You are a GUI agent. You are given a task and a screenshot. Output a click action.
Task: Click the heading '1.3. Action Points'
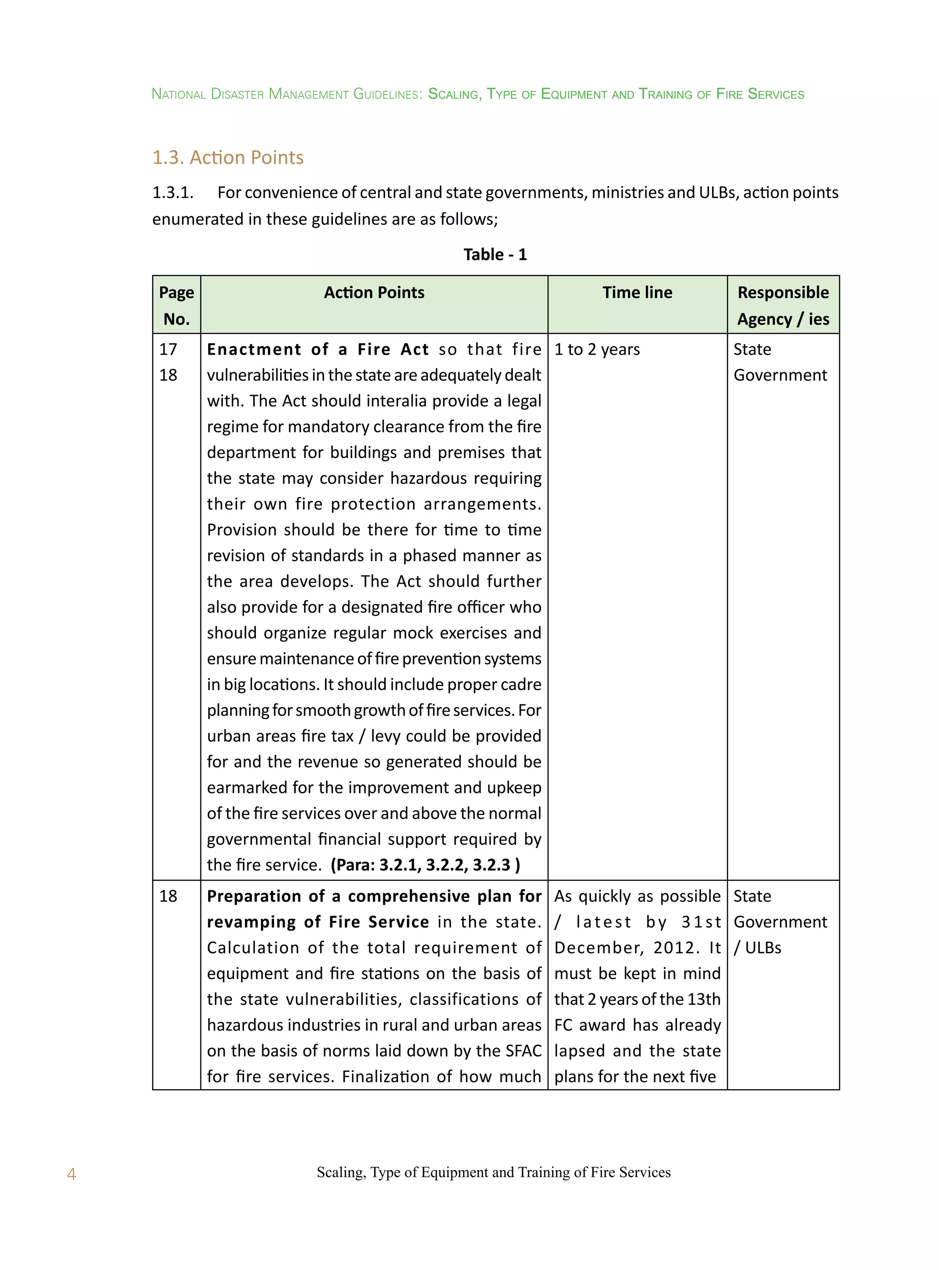(x=228, y=157)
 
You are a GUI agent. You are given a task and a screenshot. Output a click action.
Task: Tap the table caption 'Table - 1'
(x=495, y=254)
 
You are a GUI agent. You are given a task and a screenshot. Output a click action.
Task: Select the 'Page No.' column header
(x=176, y=306)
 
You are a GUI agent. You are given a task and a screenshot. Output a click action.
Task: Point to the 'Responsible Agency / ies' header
(x=783, y=306)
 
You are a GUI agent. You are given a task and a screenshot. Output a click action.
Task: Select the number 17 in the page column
(x=168, y=349)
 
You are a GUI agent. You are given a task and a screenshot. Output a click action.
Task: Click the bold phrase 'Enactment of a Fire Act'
(x=317, y=349)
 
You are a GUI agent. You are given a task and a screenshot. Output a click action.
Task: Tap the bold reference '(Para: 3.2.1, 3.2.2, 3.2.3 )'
(x=425, y=864)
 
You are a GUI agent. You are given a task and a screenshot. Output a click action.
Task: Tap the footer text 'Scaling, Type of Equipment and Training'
(x=449, y=1172)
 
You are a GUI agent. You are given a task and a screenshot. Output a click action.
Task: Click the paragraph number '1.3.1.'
(x=173, y=193)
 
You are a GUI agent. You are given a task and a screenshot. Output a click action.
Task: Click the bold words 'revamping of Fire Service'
(x=317, y=922)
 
